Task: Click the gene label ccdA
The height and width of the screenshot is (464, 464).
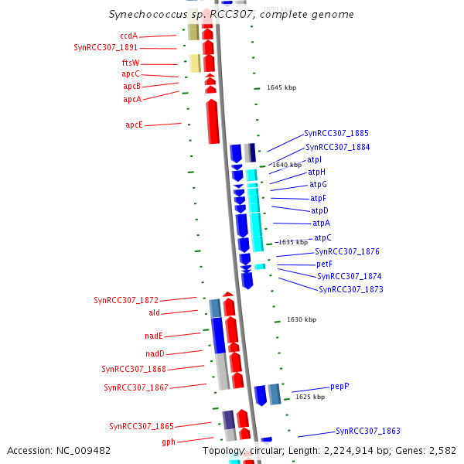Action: (128, 36)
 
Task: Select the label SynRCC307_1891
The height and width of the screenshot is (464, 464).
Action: (106, 48)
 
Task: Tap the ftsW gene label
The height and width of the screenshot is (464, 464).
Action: (131, 63)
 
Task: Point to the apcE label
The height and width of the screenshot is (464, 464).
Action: (134, 125)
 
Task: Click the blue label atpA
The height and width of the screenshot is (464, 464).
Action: (322, 223)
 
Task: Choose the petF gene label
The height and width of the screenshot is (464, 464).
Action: (324, 264)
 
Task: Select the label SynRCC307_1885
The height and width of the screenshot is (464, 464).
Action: (336, 133)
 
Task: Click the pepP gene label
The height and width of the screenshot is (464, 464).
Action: (339, 385)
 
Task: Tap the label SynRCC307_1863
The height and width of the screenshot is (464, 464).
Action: (368, 431)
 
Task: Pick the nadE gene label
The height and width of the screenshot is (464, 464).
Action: (154, 336)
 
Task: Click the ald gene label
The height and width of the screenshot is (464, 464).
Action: (155, 312)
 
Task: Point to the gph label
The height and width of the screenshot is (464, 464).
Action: (169, 442)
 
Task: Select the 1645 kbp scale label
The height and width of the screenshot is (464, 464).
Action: (281, 87)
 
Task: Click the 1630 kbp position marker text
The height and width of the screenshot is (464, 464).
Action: (302, 319)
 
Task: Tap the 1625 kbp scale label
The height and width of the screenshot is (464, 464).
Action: (310, 397)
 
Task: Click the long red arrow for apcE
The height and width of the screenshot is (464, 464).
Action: (213, 122)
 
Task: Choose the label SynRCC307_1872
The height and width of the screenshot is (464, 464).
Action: (126, 300)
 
